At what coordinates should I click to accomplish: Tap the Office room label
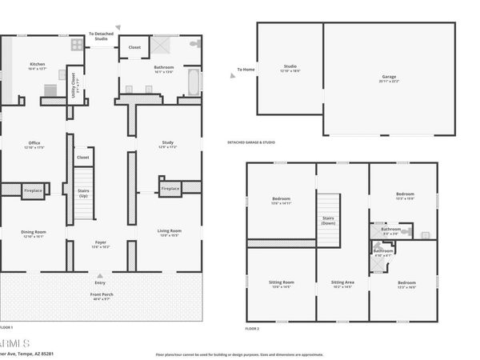point(34,145)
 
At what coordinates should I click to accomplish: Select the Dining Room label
point(34,233)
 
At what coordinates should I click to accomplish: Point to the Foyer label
point(101,243)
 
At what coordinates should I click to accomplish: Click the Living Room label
point(169,233)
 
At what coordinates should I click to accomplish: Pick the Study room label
point(167,145)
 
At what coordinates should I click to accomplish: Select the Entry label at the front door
point(100,282)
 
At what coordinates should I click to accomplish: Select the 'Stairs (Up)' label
point(82,193)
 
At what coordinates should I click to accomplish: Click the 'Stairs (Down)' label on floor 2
point(328,220)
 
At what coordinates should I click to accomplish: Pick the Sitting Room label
point(282,283)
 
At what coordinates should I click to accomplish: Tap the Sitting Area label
point(342,283)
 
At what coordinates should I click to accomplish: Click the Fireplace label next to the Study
point(170,190)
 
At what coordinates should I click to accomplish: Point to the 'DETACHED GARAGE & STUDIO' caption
point(251,142)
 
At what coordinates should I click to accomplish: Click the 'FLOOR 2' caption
point(252,329)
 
